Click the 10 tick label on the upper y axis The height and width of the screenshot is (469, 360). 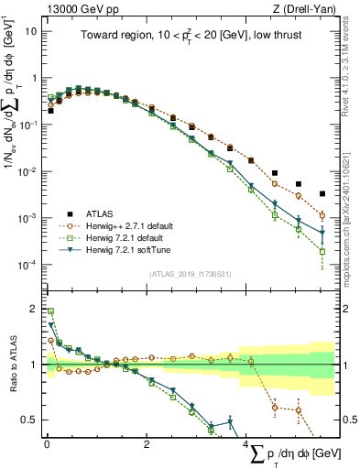(x=30, y=29)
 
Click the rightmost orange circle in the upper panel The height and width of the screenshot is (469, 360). (x=322, y=215)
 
